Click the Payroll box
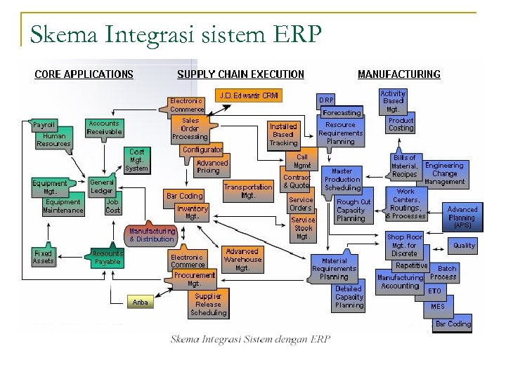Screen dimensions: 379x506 tap(44, 125)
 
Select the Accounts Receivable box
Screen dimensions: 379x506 tap(104, 128)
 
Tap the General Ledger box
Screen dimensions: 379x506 tap(102, 186)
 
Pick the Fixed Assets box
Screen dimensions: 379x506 tap(43, 257)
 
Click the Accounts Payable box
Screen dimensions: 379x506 tap(107, 257)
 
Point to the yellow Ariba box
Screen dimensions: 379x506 tap(141, 302)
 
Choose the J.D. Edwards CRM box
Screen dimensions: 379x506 tap(249, 95)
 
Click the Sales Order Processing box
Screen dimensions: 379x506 tap(190, 128)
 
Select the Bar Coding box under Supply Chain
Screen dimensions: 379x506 tap(184, 196)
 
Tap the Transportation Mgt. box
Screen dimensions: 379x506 tap(247, 191)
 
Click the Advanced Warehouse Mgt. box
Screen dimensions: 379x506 tap(242, 259)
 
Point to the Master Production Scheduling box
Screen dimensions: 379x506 tap(342, 180)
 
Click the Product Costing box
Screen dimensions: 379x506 tap(401, 124)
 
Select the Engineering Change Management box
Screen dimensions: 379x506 tap(444, 173)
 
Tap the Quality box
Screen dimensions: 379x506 tap(464, 246)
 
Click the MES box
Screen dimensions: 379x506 tap(438, 307)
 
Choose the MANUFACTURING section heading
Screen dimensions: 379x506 tap(398, 74)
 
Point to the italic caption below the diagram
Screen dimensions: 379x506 tap(250, 339)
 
